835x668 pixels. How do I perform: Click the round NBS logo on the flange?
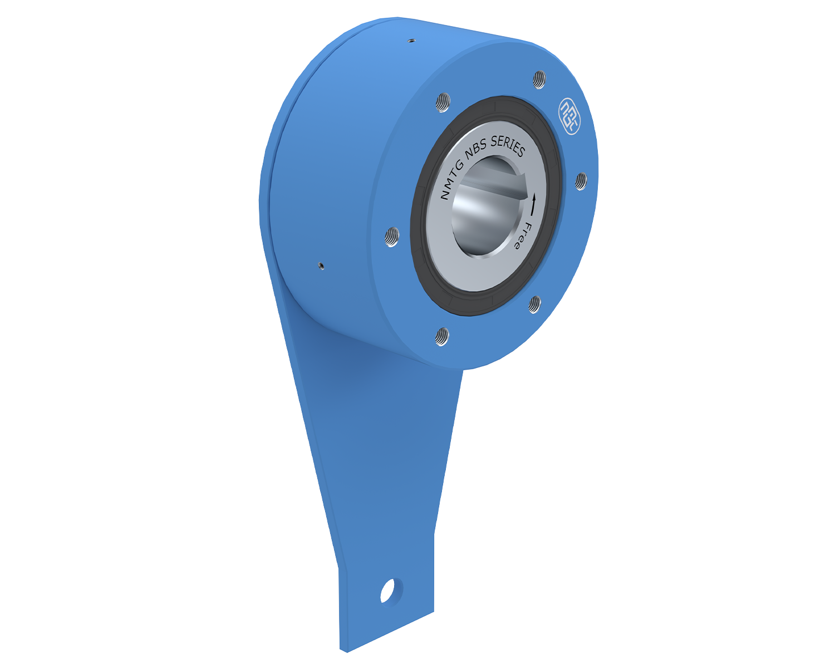tap(569, 116)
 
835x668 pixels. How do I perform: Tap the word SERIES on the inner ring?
tap(508, 145)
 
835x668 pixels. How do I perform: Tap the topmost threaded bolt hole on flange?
tap(539, 80)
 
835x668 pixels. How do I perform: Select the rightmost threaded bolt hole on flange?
tap(581, 181)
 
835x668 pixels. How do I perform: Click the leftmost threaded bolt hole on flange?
tap(392, 237)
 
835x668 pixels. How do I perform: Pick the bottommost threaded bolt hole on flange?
tap(442, 337)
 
